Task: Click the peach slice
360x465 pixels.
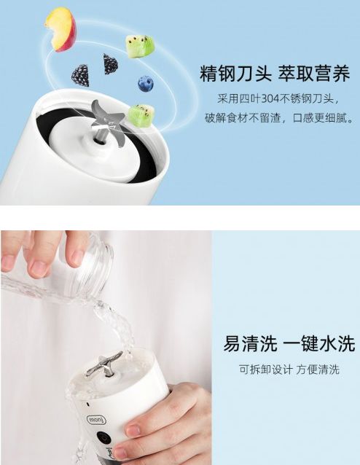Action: click(60, 29)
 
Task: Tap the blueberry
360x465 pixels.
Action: click(146, 84)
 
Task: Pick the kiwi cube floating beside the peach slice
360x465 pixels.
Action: click(140, 47)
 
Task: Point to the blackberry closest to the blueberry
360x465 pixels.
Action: click(111, 63)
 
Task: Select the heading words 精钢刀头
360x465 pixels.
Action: click(236, 74)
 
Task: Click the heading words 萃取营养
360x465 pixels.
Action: click(314, 74)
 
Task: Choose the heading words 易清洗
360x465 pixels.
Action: click(250, 343)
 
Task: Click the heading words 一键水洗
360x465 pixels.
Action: click(319, 343)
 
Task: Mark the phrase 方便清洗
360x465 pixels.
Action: click(317, 370)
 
